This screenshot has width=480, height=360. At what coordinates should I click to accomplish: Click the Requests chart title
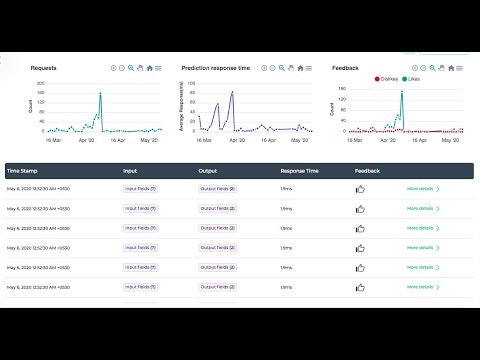43,68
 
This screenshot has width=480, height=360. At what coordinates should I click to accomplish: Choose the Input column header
130,171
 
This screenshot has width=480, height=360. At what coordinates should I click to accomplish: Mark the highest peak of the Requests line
100,94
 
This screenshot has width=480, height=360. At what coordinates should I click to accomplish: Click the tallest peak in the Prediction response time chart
232,93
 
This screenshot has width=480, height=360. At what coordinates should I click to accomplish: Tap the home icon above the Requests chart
149,68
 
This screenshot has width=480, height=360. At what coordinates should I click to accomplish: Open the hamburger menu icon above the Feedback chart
459,68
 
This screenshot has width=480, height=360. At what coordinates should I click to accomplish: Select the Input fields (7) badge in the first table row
139,188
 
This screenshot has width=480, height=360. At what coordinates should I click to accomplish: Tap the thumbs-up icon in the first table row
361,188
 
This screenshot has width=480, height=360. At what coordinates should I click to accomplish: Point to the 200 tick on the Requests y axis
40,83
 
